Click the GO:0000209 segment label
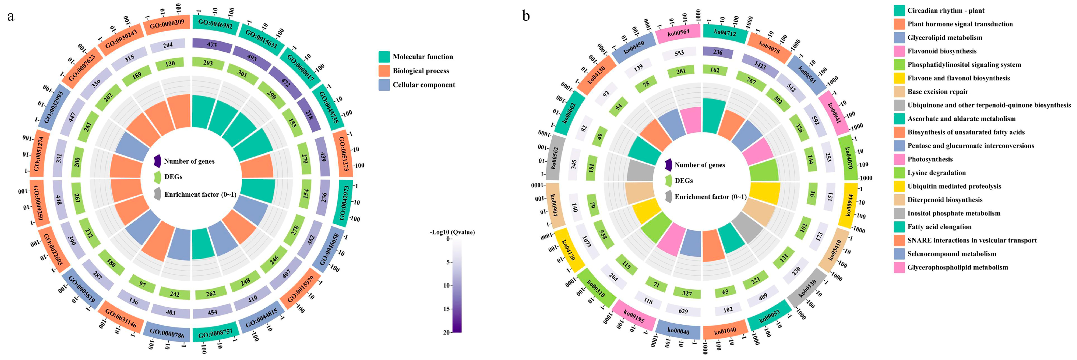[x=167, y=25]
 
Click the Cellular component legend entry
[x=424, y=85]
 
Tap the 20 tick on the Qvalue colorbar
[x=447, y=333]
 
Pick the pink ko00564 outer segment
[x=678, y=33]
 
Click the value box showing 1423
[x=760, y=65]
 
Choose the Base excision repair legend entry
[x=937, y=92]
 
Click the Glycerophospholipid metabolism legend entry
[x=957, y=267]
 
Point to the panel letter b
[x=526, y=16]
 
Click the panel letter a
[x=10, y=17]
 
